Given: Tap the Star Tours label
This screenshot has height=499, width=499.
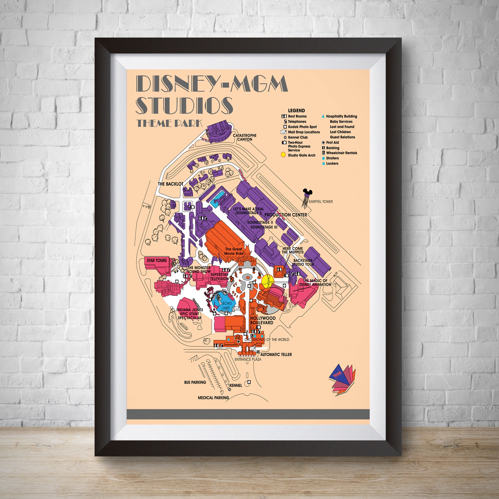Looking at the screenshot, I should (x=157, y=260).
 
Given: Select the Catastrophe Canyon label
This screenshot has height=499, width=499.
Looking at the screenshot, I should (x=245, y=137).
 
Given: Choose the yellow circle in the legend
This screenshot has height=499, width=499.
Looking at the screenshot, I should (x=283, y=155).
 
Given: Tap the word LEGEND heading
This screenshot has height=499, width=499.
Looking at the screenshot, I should (x=296, y=111).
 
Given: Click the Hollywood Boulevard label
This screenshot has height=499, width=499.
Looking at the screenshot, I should (x=263, y=321).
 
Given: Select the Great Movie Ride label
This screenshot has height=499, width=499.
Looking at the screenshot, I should (x=234, y=251).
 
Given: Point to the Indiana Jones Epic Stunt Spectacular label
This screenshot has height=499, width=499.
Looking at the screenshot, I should (x=190, y=314).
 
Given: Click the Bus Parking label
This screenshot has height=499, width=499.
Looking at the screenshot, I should (x=195, y=382).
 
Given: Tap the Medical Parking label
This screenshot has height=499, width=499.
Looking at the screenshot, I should (x=213, y=398).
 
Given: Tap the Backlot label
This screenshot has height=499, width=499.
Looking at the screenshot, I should (x=170, y=184).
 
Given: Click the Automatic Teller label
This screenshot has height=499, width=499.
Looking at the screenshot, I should (x=276, y=354).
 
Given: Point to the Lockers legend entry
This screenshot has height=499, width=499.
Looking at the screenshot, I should (x=332, y=163).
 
